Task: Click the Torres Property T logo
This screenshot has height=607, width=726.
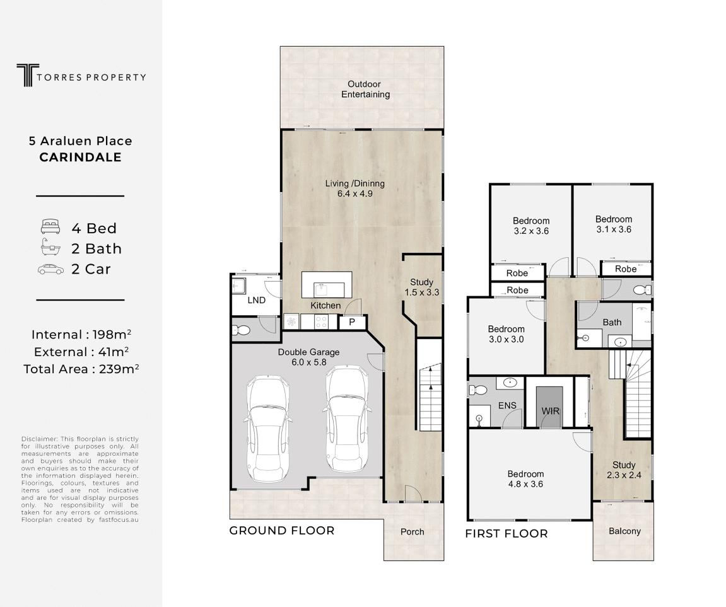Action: [x=27, y=75]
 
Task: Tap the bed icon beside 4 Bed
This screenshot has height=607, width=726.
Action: [x=50, y=227]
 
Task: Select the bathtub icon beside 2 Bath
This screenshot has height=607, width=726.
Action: [x=50, y=247]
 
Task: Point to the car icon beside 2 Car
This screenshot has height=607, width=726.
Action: [x=50, y=269]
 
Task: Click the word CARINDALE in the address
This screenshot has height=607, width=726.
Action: [x=80, y=158]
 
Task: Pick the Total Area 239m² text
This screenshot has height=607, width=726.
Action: [x=81, y=369]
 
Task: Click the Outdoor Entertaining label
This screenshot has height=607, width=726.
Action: [x=365, y=90]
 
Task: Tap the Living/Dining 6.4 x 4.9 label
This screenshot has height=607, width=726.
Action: [x=354, y=188]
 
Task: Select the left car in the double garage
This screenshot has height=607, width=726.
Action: [x=267, y=428]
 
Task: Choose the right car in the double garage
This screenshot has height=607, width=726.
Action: [x=348, y=419]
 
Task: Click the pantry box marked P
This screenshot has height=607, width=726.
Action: [x=353, y=322]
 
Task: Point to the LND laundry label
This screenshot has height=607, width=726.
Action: [x=256, y=300]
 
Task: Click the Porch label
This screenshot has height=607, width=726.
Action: [x=412, y=531]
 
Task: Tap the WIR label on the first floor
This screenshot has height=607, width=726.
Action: [x=550, y=411]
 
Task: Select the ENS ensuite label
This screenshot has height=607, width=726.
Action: [x=507, y=405]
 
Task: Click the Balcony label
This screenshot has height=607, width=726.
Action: [x=624, y=531]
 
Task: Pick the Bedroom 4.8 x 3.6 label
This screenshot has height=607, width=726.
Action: [x=525, y=479]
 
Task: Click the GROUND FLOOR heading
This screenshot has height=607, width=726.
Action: [x=281, y=531]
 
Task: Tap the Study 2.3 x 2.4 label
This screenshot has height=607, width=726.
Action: [x=624, y=470]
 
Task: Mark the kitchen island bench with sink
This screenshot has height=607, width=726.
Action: [x=327, y=285]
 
